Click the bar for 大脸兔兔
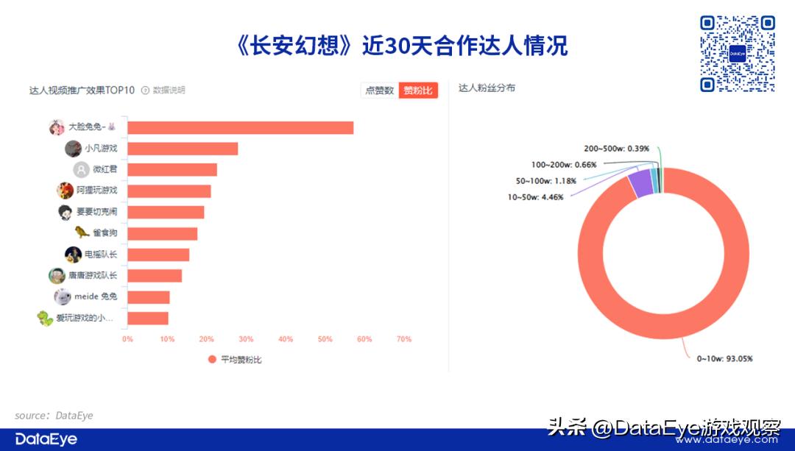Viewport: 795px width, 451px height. pos(240,128)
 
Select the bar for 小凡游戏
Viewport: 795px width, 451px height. pos(183,149)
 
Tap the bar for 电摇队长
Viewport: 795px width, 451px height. pos(158,255)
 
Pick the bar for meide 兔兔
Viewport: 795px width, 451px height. pos(149,297)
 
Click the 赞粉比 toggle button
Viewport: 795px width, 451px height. pos(418,90)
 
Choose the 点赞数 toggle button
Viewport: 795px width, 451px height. pos(380,90)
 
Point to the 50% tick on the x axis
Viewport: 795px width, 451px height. pos(325,339)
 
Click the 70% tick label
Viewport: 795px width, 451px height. pos(403,339)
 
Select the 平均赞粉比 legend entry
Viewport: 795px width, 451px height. pos(235,360)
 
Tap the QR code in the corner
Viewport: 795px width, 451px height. pos(737,54)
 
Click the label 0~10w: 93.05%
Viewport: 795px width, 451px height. pos(724,359)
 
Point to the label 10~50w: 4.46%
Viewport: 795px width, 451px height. pos(535,197)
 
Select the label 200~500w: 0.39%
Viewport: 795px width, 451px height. pos(617,149)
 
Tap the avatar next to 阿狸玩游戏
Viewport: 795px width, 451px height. pos(66,191)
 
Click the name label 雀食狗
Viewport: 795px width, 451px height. pos(104,233)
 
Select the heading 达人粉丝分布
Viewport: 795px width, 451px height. pos(487,88)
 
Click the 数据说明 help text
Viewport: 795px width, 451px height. pos(169,90)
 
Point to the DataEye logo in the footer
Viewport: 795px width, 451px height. pos(46,439)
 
